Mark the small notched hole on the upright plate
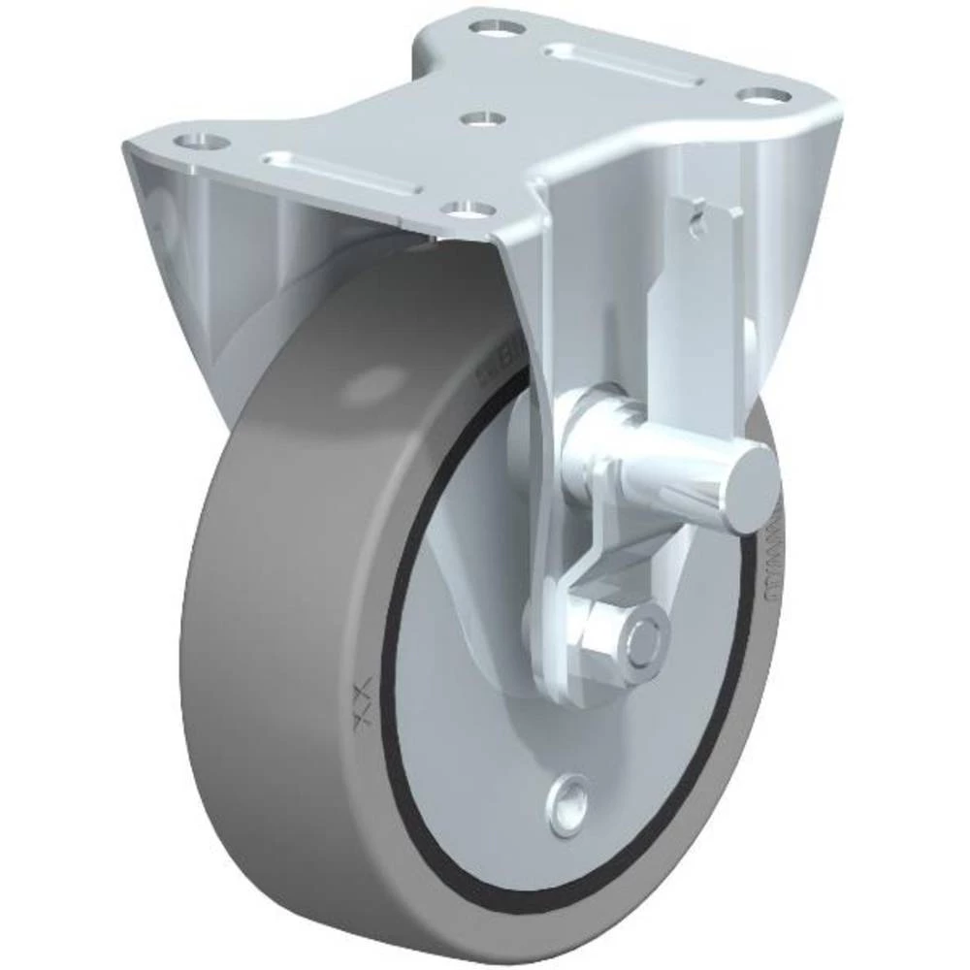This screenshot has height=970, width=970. coord(698,219)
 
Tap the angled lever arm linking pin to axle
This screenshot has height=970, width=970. coord(582,543)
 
